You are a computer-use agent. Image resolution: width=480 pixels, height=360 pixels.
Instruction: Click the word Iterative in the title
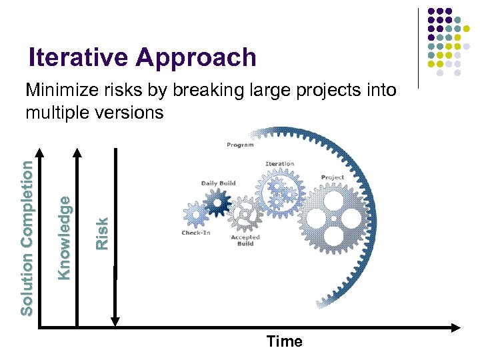click(x=79, y=58)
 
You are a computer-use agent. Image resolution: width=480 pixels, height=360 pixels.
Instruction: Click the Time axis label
click(x=284, y=341)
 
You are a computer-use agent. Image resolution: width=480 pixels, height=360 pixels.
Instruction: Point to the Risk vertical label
click(x=101, y=233)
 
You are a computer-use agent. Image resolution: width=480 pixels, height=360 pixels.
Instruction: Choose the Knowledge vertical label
click(x=63, y=236)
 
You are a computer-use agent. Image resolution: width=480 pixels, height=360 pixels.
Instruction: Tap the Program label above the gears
click(x=239, y=145)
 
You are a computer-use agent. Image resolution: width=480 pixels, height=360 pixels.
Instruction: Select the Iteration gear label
click(x=279, y=163)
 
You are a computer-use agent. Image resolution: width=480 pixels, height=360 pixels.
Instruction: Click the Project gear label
click(x=332, y=177)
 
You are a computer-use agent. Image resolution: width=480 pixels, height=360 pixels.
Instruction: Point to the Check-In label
click(x=195, y=233)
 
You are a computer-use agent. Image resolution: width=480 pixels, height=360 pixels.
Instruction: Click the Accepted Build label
click(x=245, y=240)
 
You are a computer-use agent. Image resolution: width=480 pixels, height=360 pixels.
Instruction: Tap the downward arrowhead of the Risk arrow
click(x=115, y=321)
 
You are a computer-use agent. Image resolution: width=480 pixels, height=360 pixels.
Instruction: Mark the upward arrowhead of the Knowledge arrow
click(x=77, y=153)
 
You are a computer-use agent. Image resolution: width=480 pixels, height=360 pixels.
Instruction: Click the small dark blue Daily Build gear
click(x=217, y=204)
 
